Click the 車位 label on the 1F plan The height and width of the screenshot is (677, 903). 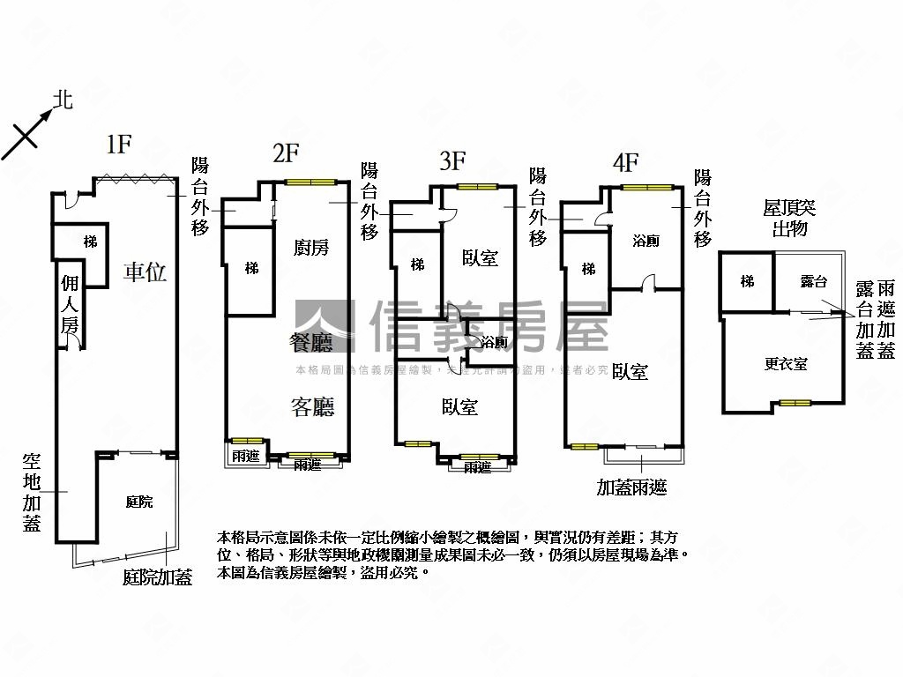pos(145,272)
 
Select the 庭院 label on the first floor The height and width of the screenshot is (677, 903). pos(139,502)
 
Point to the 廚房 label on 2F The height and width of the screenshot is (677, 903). pos(310,247)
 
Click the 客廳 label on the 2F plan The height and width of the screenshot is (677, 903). pos(312,406)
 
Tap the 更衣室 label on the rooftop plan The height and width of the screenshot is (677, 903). pos(786,363)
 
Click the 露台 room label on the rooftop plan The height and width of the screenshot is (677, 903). pos(813,281)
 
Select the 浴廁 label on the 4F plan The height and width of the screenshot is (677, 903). pos(646,241)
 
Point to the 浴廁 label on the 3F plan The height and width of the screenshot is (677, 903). pos(495,342)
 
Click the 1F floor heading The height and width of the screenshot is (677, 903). pos(119,145)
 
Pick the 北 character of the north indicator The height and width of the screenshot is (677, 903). pos(62,100)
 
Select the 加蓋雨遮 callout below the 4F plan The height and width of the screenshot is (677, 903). pos(631,487)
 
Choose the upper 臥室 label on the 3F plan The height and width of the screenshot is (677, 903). pos(480,258)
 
